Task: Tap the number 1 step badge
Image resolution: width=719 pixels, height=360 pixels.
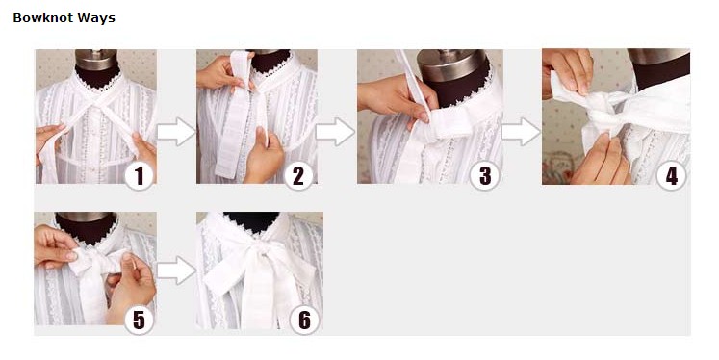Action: (139, 175)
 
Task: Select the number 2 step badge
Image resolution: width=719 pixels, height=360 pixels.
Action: (298, 175)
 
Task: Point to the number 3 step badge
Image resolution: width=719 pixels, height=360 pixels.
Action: (485, 175)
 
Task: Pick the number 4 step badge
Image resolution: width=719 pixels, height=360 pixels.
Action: (671, 175)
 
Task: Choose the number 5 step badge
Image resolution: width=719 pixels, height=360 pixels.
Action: (139, 320)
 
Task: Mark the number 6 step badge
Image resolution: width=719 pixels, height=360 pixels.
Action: (304, 320)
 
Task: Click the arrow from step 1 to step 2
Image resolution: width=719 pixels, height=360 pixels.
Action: (176, 132)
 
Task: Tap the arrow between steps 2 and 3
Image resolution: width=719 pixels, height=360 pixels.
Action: (336, 132)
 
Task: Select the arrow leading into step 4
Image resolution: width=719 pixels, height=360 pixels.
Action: (522, 132)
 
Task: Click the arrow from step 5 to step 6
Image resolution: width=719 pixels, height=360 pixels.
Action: (176, 270)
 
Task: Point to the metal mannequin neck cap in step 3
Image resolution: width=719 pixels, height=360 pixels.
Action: (452, 64)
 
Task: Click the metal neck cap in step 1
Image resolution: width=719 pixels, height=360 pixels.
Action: (96, 59)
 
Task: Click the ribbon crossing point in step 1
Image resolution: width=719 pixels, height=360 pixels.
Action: (96, 109)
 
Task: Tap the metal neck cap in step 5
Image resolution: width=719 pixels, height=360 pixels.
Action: (86, 216)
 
